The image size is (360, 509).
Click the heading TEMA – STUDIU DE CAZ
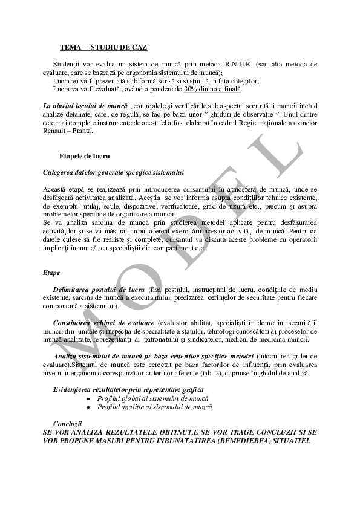pyautogui.click(x=103, y=47)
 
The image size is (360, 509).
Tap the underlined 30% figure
pyautogui.click(x=192, y=89)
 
